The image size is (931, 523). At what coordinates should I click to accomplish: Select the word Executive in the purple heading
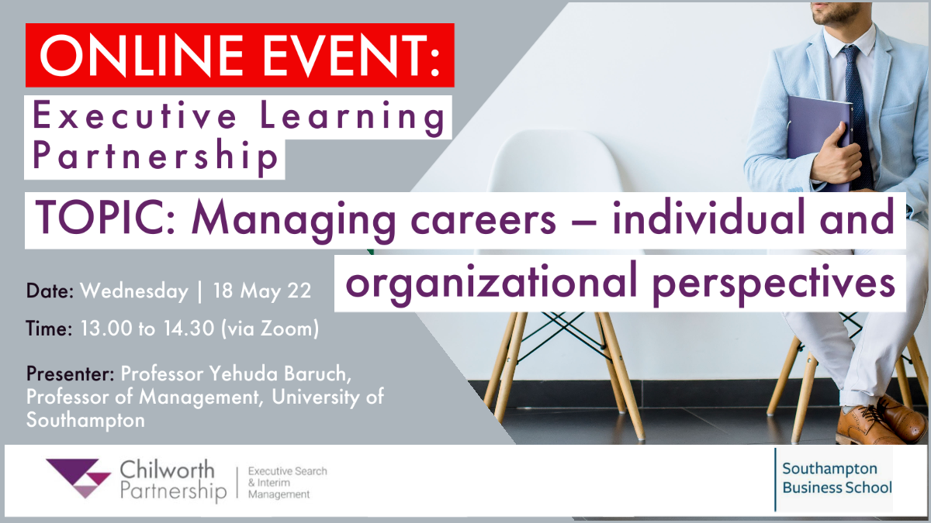click(134, 115)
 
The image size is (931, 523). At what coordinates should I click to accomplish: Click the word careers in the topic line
click(483, 220)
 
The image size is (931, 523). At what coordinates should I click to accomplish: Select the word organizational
click(491, 283)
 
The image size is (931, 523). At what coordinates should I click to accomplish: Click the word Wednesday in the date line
click(134, 291)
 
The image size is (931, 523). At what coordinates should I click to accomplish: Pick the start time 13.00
click(106, 329)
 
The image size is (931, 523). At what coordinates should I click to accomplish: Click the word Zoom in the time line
click(286, 329)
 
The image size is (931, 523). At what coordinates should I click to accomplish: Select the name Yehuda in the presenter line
click(243, 373)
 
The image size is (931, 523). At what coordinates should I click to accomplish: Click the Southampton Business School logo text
click(836, 478)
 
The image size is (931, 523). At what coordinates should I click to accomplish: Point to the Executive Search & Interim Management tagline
click(288, 483)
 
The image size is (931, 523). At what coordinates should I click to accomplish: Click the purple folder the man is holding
click(818, 142)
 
